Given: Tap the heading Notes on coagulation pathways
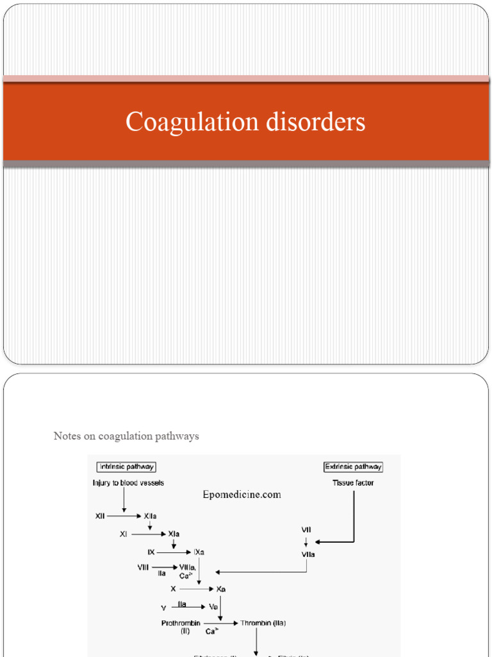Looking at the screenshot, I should coord(126,436).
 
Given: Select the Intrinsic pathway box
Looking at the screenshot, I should coord(126,467).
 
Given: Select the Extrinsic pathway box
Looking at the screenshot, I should coord(354,467).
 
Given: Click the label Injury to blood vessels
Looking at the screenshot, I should coord(128,482).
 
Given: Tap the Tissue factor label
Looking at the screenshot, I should coord(353,482).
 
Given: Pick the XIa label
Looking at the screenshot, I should coord(173,534).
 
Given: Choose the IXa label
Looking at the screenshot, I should coord(199,552).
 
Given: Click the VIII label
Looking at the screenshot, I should coord(143,567).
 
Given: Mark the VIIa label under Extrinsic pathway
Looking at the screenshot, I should coord(307,553).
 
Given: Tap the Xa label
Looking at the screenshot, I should coord(220,588).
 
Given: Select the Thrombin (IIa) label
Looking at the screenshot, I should coord(264,622).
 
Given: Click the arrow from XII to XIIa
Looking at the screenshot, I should coord(124,516).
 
